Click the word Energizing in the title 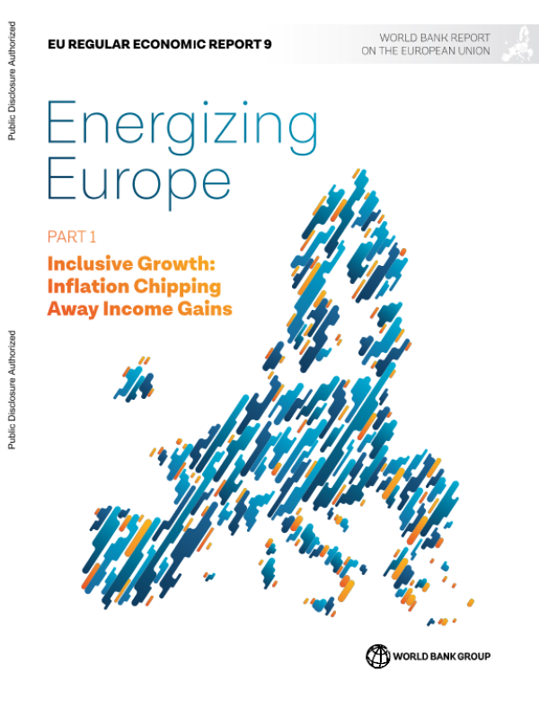tap(181, 128)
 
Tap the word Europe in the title tap(137, 181)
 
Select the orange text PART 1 tap(72, 237)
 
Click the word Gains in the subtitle tap(206, 309)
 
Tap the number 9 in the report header tap(268, 43)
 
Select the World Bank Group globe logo tap(377, 656)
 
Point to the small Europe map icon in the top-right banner tap(517, 44)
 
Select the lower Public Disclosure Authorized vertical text tap(11, 388)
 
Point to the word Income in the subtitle tap(137, 309)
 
